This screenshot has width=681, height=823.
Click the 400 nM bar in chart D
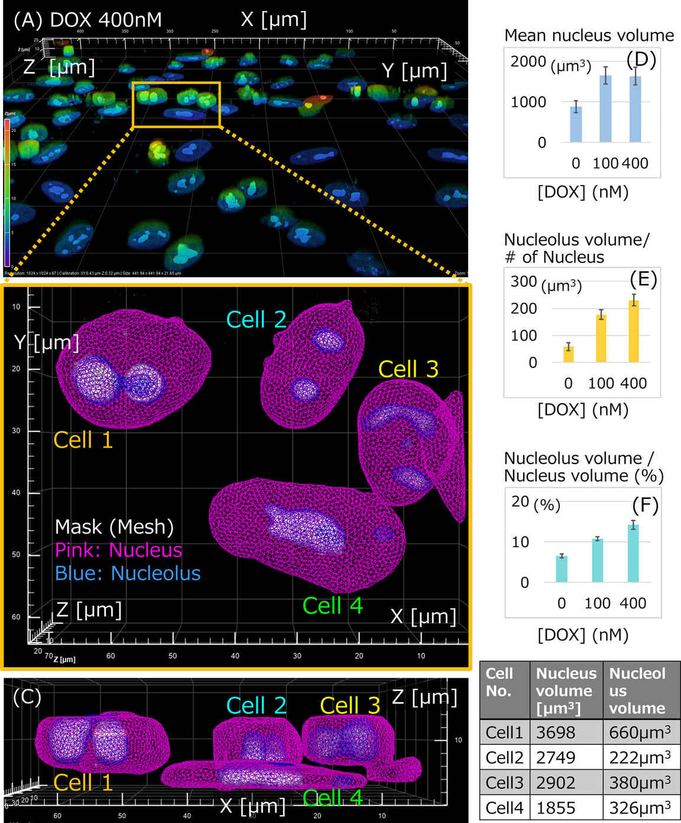pos(635,109)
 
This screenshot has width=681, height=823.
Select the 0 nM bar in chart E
pos(568,353)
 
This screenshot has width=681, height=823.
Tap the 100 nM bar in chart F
pos(598,560)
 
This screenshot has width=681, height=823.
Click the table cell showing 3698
pos(556,733)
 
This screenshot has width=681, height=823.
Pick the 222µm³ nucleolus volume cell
pos(640,757)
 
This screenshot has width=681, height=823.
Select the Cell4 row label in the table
pos(504,808)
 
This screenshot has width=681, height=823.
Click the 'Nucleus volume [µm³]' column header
pos(566,690)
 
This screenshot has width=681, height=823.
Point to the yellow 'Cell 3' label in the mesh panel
pos(408,369)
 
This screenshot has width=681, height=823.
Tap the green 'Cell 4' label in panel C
pos(332,798)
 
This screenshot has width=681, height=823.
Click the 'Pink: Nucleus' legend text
pos(118,550)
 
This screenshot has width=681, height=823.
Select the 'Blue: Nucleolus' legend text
pos(128,573)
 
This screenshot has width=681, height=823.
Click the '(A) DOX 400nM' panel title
pos(87,20)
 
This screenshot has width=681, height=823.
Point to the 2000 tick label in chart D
pos(528,61)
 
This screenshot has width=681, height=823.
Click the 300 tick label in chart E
pos(523,281)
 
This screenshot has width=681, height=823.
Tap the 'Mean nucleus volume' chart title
pos(589,35)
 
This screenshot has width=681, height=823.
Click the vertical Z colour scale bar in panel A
pos(7,192)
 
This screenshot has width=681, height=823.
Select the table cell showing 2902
pos(556,783)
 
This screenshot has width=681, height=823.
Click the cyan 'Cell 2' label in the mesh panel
pos(256,320)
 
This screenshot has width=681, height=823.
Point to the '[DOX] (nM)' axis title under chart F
pos(582,634)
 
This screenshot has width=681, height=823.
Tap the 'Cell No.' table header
pos(500,682)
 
